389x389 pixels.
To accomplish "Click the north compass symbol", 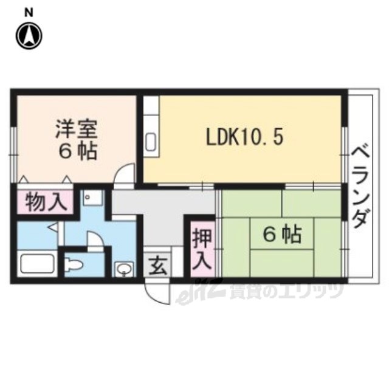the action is click(x=29, y=36).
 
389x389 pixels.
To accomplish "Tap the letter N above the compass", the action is click(x=29, y=12).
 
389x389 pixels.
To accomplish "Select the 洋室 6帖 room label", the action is click(x=77, y=140).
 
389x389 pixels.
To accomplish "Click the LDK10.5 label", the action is click(x=244, y=138).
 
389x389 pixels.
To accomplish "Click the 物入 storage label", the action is click(x=46, y=202).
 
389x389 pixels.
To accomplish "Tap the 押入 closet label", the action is click(x=202, y=249).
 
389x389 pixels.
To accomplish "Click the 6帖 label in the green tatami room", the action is click(x=282, y=234).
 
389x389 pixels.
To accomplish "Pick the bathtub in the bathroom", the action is click(x=38, y=264).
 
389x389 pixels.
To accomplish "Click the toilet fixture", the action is click(x=74, y=265).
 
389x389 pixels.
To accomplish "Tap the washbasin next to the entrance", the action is click(x=124, y=269).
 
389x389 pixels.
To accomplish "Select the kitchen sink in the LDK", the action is click(x=151, y=142).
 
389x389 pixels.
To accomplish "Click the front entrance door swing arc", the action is click(x=154, y=296).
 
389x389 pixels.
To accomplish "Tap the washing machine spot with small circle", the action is click(x=93, y=198).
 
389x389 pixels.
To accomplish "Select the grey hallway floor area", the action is click(x=161, y=213).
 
